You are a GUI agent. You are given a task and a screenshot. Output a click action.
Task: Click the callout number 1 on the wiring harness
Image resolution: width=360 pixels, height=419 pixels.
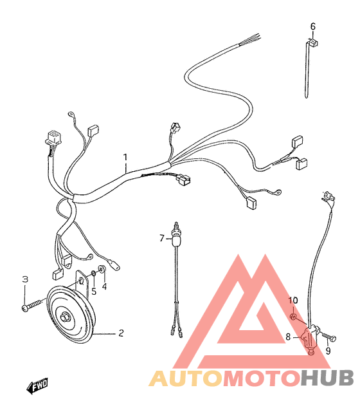(125, 157)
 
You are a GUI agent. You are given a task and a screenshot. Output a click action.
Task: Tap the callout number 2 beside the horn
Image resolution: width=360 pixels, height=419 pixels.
(121, 333)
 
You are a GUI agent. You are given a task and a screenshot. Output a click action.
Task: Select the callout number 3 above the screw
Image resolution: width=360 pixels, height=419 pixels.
(25, 279)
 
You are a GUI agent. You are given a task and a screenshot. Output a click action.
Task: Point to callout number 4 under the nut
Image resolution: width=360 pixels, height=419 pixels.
(104, 286)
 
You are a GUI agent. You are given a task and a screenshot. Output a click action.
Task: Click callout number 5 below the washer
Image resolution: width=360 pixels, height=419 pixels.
(94, 292)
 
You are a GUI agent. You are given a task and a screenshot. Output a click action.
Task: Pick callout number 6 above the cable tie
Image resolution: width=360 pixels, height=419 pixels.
(313, 26)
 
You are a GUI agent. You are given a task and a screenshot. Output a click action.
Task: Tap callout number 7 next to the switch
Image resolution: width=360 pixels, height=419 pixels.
(162, 238)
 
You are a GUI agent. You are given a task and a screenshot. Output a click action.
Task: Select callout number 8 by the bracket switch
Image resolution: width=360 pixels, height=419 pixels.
(288, 337)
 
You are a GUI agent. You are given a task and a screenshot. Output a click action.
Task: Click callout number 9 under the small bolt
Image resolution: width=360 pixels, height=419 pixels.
(328, 351)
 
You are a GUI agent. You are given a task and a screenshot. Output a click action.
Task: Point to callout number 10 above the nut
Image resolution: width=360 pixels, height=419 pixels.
(293, 301)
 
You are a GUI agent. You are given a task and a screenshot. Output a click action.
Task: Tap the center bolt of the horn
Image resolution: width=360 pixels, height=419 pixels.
(65, 317)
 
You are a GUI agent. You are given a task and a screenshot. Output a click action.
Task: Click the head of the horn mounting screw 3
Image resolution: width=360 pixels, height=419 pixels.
(24, 308)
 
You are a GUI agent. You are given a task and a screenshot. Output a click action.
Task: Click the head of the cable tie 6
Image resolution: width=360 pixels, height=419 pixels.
(312, 42)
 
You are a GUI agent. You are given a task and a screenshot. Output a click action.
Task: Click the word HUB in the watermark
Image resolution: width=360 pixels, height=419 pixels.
(327, 378)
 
